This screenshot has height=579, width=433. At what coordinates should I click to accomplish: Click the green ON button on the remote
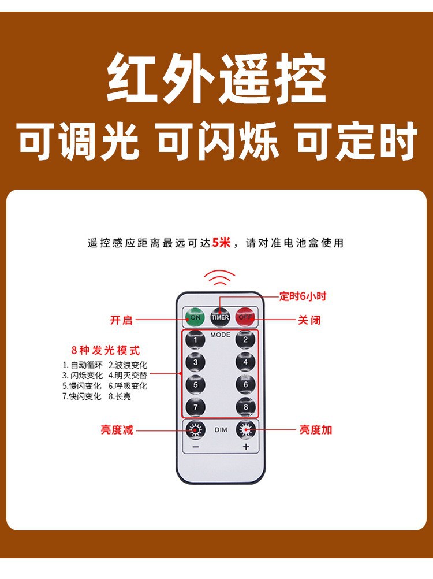point(195,317)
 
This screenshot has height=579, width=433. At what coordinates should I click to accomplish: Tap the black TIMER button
point(220,317)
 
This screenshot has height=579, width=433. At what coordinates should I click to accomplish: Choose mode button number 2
point(245,340)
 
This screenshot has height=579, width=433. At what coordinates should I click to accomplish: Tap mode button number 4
point(245,362)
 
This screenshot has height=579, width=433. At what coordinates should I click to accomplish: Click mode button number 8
point(245,407)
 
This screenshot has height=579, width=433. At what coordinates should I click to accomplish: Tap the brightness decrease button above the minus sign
point(195,430)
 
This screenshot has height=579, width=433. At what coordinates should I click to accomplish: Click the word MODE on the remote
point(220,335)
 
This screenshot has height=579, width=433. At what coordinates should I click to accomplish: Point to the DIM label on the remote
point(221,430)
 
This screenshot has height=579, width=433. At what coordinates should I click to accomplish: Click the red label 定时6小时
point(303,296)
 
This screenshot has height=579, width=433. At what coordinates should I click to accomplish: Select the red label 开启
point(121,320)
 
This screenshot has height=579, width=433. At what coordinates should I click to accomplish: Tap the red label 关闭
point(309,320)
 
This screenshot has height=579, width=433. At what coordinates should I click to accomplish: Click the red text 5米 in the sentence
point(221,243)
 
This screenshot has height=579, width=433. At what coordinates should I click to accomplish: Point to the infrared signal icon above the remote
point(219,279)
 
